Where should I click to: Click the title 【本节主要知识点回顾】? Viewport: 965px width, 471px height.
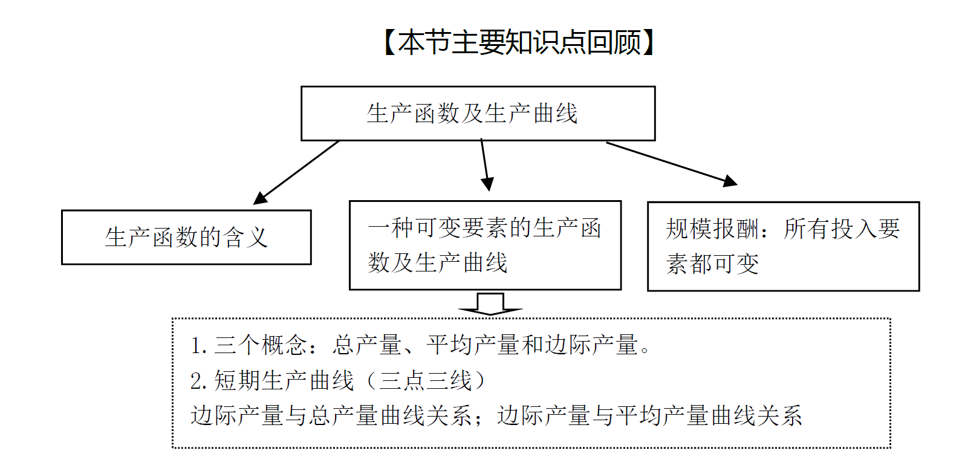pos(519,42)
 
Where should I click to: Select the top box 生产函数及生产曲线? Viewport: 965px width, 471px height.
pos(478,114)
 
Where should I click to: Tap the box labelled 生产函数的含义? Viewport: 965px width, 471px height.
pos(186,238)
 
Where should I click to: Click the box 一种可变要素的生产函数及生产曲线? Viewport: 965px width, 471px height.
pos(485,245)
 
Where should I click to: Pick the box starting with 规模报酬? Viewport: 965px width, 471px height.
pos(783,247)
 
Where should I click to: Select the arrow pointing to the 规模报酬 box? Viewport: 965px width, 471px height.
pos(671,163)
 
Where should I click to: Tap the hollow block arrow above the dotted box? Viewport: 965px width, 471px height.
pos(490,304)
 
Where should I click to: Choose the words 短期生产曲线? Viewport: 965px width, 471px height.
pos(284,381)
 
